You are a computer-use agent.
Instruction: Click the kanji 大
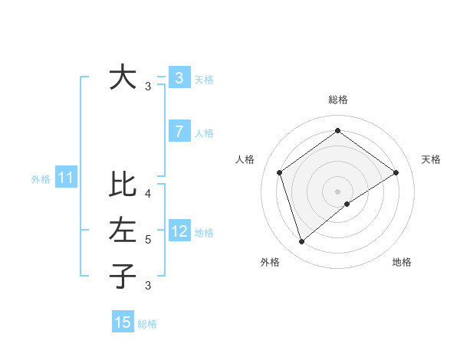pyautogui.click(x=123, y=77)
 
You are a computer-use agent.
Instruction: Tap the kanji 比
pyautogui.click(x=123, y=185)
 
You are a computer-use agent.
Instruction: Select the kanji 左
pyautogui.click(x=123, y=230)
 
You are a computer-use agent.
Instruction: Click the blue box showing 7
pyautogui.click(x=179, y=132)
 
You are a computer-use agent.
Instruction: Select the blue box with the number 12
pyautogui.click(x=179, y=231)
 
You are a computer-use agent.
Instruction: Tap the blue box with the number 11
pyautogui.click(x=66, y=178)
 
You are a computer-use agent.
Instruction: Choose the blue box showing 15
pyautogui.click(x=123, y=322)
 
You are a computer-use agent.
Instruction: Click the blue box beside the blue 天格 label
pyautogui.click(x=179, y=77)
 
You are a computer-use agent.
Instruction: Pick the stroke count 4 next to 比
pyautogui.click(x=148, y=194)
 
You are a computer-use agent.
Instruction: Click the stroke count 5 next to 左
pyautogui.click(x=148, y=240)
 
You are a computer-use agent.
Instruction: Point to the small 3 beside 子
pyautogui.click(x=148, y=286)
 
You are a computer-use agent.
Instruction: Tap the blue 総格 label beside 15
pyautogui.click(x=147, y=324)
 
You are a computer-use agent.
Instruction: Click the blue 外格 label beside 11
pyautogui.click(x=41, y=180)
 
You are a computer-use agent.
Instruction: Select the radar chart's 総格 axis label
pyautogui.click(x=337, y=100)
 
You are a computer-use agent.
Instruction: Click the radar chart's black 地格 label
pyautogui.click(x=402, y=262)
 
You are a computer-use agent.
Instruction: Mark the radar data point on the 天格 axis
pyautogui.click(x=396, y=172)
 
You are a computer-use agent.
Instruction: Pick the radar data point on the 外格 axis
pyautogui.click(x=301, y=242)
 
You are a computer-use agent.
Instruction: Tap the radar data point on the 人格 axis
pyautogui.click(x=279, y=172)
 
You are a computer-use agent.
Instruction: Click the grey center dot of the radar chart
pyautogui.click(x=337, y=191)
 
